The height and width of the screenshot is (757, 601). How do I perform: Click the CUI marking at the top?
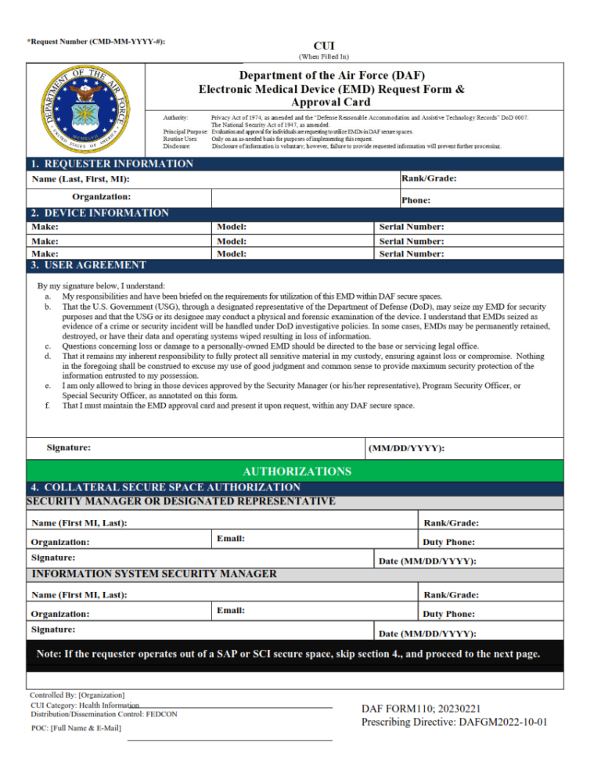[324, 46]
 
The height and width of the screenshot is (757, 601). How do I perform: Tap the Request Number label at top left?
[96, 41]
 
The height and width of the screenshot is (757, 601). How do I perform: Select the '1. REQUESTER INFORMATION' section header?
[112, 164]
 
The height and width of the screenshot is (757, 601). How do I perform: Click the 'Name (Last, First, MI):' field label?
[81, 180]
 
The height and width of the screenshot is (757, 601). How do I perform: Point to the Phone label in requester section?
[416, 200]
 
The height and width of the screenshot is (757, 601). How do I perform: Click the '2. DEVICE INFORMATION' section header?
[99, 213]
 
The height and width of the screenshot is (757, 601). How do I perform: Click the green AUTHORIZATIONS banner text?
[297, 472]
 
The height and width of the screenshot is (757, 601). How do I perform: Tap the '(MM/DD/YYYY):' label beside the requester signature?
[406, 449]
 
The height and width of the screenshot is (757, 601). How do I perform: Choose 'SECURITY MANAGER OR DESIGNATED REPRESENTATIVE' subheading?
[181, 500]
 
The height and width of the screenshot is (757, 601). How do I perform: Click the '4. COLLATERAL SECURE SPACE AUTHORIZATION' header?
[165, 487]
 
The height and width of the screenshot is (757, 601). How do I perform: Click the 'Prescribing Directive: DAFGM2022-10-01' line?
[454, 722]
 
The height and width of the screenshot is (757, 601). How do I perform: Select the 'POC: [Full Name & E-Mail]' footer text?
[76, 728]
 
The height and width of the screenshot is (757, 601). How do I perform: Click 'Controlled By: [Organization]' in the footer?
[77, 694]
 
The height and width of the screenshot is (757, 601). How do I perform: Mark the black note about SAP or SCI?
[288, 654]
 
